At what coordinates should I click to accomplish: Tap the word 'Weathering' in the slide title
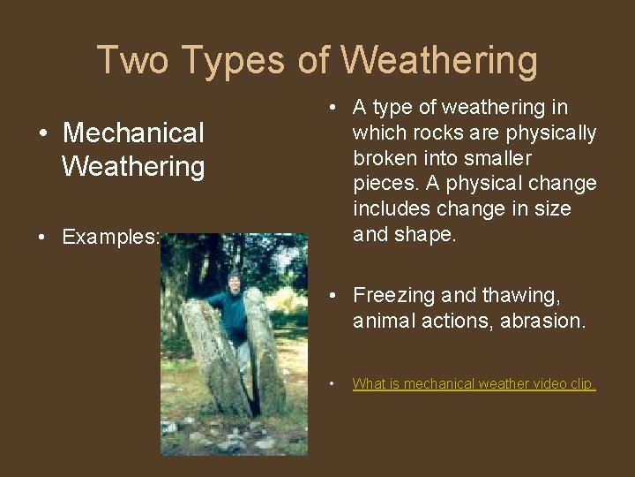click(438, 60)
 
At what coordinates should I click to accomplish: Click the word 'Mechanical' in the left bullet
click(133, 133)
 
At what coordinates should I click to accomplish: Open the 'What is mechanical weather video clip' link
click(474, 383)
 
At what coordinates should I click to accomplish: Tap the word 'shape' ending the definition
click(430, 235)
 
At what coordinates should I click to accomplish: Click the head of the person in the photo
click(233, 283)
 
